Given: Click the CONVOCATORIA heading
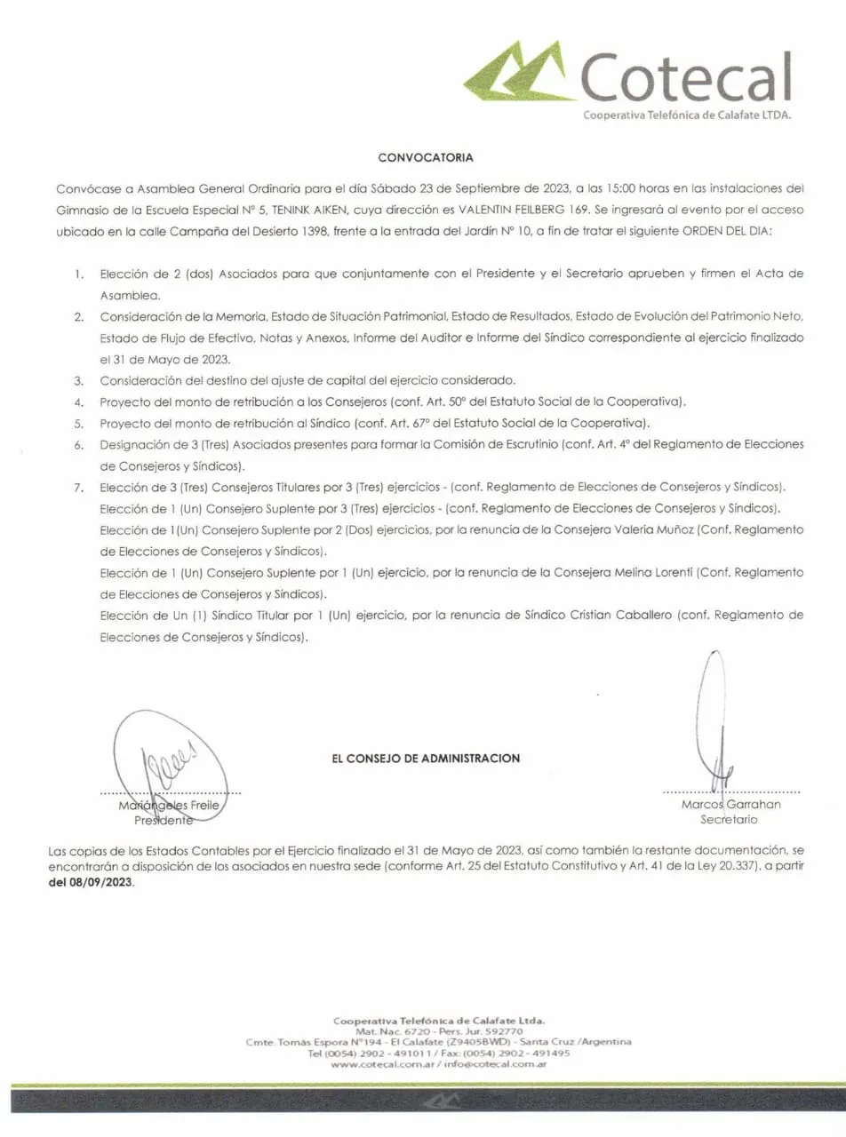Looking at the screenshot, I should (426, 157).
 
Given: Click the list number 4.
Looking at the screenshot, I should (79, 401).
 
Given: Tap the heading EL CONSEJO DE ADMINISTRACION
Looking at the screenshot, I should (426, 758).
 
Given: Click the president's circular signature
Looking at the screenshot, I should (169, 762).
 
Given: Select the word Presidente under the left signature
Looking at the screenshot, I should (164, 820).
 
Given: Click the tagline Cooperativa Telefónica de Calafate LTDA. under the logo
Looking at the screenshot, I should (686, 115).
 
